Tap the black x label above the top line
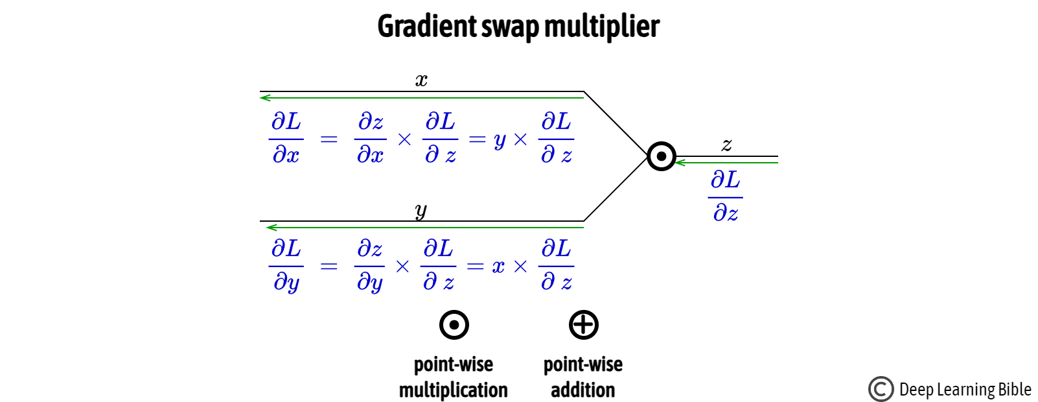click(421, 80)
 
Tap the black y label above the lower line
click(421, 211)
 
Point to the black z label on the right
click(726, 145)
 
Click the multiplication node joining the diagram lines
click(662, 156)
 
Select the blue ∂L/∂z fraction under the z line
click(725, 196)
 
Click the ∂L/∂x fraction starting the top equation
click(286, 138)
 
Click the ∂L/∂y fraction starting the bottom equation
click(286, 265)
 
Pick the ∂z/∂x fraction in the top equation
click(370, 138)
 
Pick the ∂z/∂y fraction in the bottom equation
click(369, 265)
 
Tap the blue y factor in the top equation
click(499, 140)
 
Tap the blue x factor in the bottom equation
click(498, 266)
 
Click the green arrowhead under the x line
click(264, 98)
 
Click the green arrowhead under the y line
click(271, 228)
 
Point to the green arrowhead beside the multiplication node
click(680, 163)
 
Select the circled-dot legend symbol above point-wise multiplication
click(454, 325)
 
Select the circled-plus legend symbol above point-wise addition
click(583, 325)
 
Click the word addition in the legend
click(582, 390)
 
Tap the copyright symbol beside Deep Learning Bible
click(881, 389)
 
